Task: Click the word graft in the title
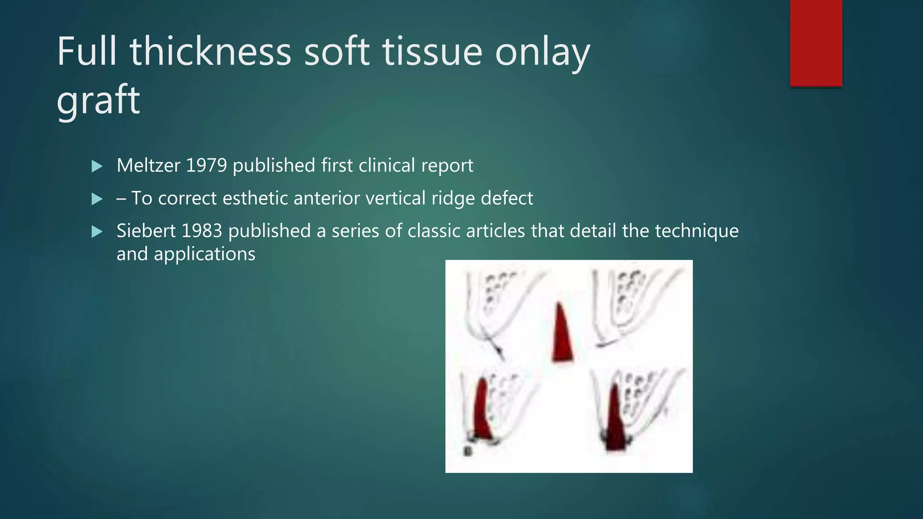point(98,100)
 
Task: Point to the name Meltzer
point(148,165)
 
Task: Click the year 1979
point(206,165)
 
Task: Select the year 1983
point(201,231)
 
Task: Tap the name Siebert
point(146,231)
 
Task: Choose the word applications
point(205,254)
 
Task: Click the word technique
point(696,231)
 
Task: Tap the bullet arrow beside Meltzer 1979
point(97,166)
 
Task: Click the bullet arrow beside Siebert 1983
point(97,232)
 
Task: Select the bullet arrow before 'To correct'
point(97,199)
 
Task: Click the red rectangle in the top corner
point(816,43)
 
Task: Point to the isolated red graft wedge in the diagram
point(562,336)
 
